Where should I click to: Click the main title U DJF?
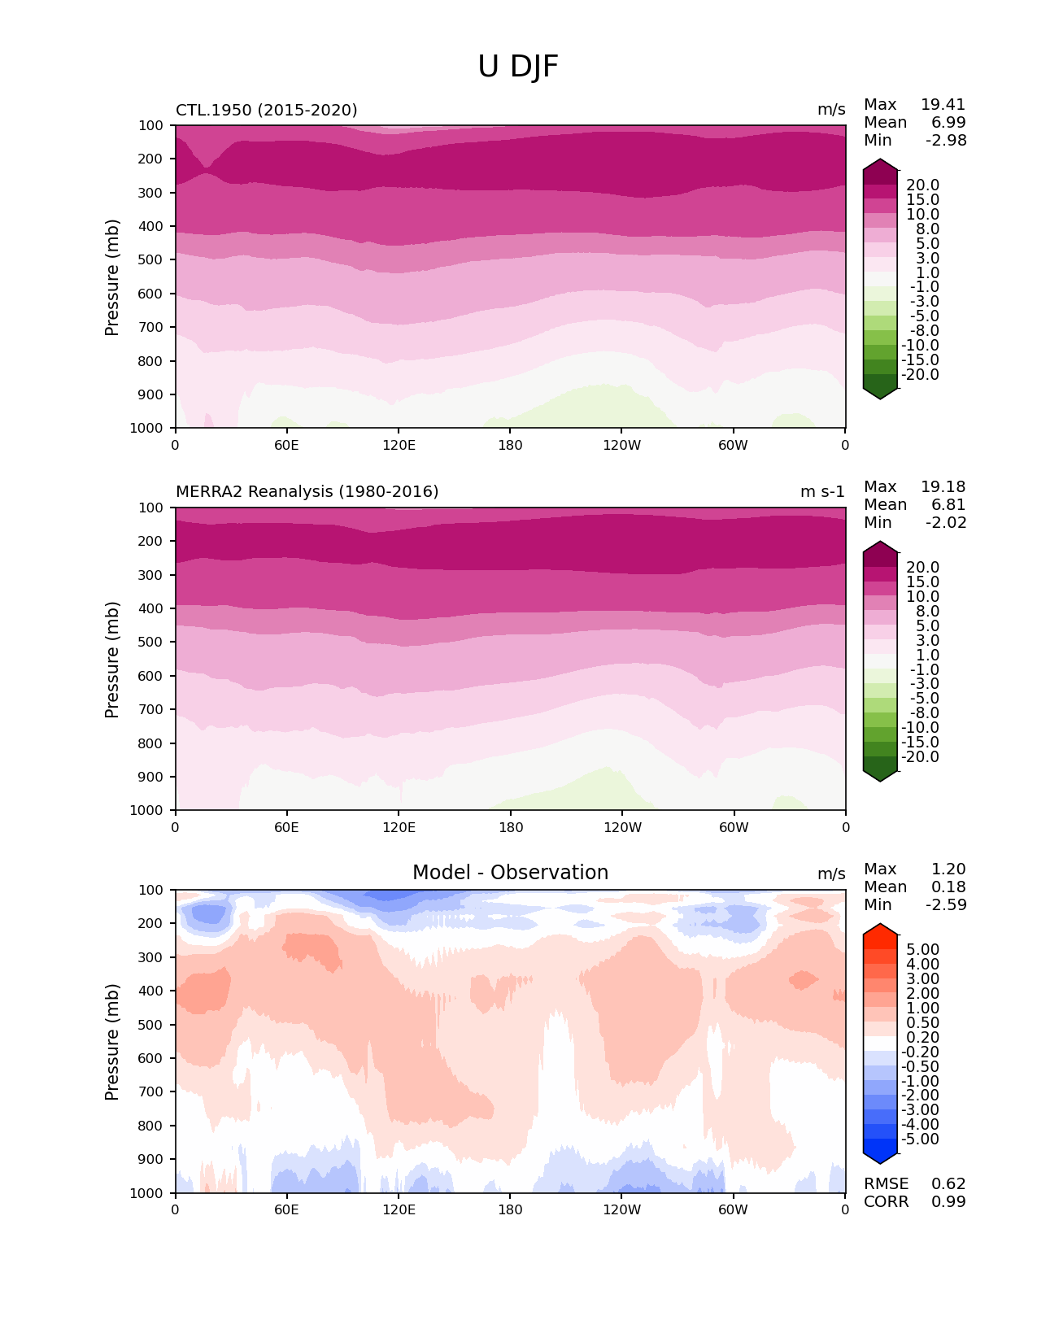coord(518,67)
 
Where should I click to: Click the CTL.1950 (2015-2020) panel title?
coord(267,110)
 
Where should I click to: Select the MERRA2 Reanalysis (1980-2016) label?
coord(307,492)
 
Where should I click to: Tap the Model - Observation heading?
coord(510,873)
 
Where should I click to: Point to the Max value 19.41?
coord(943,105)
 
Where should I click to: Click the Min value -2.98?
coord(946,141)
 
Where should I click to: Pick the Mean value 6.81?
coord(948,505)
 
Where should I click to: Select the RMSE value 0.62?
coord(948,1184)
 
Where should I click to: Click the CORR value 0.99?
coord(948,1202)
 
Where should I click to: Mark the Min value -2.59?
coord(946,905)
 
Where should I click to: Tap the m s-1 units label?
coord(822,492)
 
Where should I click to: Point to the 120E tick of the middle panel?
coord(399,828)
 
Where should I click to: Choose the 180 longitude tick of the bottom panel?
coord(510,1210)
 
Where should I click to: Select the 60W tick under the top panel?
coord(733,446)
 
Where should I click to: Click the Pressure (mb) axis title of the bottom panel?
coord(112,1042)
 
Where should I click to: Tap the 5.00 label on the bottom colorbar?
coord(922,950)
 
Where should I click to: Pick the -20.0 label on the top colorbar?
coord(922,375)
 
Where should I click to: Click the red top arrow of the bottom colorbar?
coord(880,931)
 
